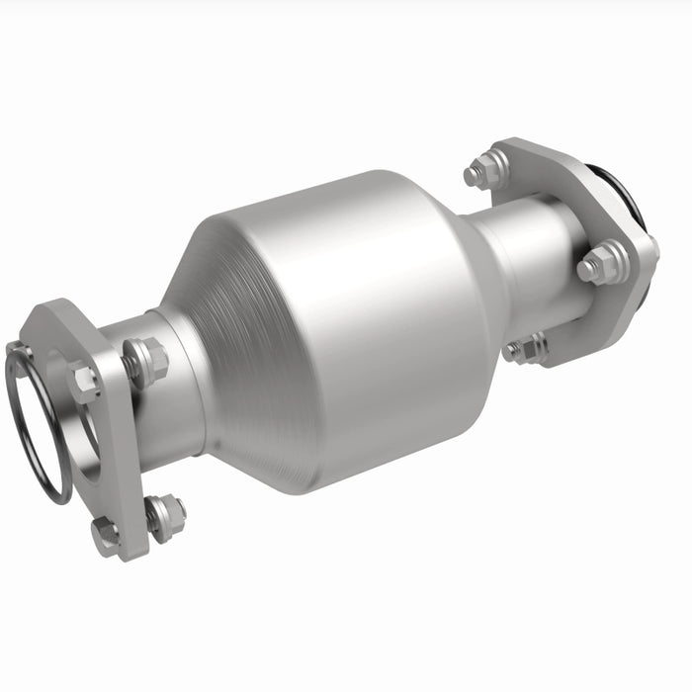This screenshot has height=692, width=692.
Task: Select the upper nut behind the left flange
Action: [x=149, y=361]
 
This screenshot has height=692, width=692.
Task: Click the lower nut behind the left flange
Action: [x=167, y=514]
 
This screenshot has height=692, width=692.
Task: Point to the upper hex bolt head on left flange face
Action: [x=84, y=381]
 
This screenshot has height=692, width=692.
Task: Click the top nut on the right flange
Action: [x=485, y=171]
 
